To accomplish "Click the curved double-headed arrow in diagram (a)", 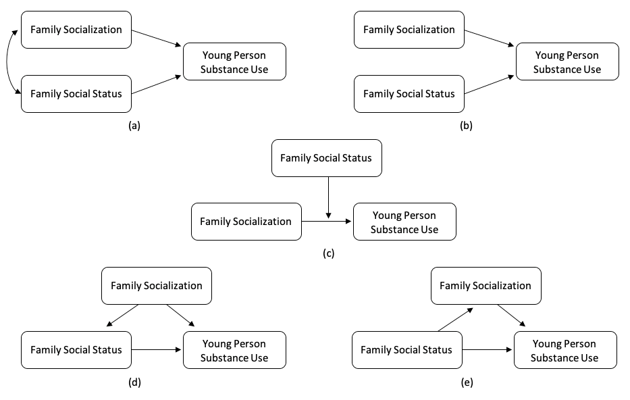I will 9,61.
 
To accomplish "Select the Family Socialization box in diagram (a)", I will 76,30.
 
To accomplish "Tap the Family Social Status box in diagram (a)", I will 76,93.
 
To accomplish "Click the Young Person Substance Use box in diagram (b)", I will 567,61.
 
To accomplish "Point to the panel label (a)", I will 134,126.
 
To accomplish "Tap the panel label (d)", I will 134,382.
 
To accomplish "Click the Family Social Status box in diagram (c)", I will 326,158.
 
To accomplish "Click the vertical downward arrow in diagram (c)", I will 327,197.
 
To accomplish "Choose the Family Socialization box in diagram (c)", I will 246,221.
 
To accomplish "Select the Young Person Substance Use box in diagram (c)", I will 404,222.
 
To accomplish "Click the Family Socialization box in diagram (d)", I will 157,286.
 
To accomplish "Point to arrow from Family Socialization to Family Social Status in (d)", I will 122,315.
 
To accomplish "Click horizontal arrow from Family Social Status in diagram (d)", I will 157,349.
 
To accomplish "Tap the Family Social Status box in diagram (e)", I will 406,349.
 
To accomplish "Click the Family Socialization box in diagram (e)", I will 485,286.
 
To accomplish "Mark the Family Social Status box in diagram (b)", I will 409,93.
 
